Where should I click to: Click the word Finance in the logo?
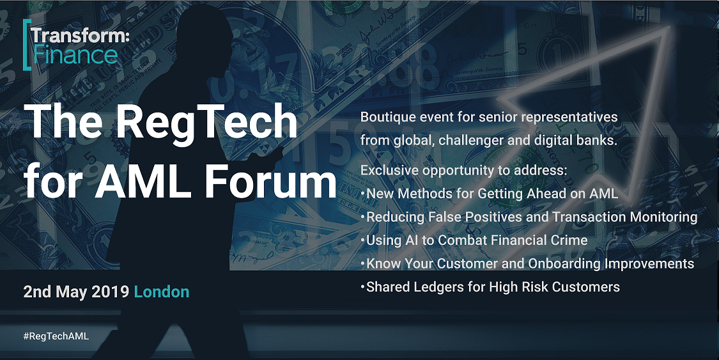point(75,56)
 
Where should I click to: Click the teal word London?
point(162,292)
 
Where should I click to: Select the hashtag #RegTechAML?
point(56,336)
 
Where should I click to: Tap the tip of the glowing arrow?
point(670,27)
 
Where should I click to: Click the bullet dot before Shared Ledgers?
point(363,287)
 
